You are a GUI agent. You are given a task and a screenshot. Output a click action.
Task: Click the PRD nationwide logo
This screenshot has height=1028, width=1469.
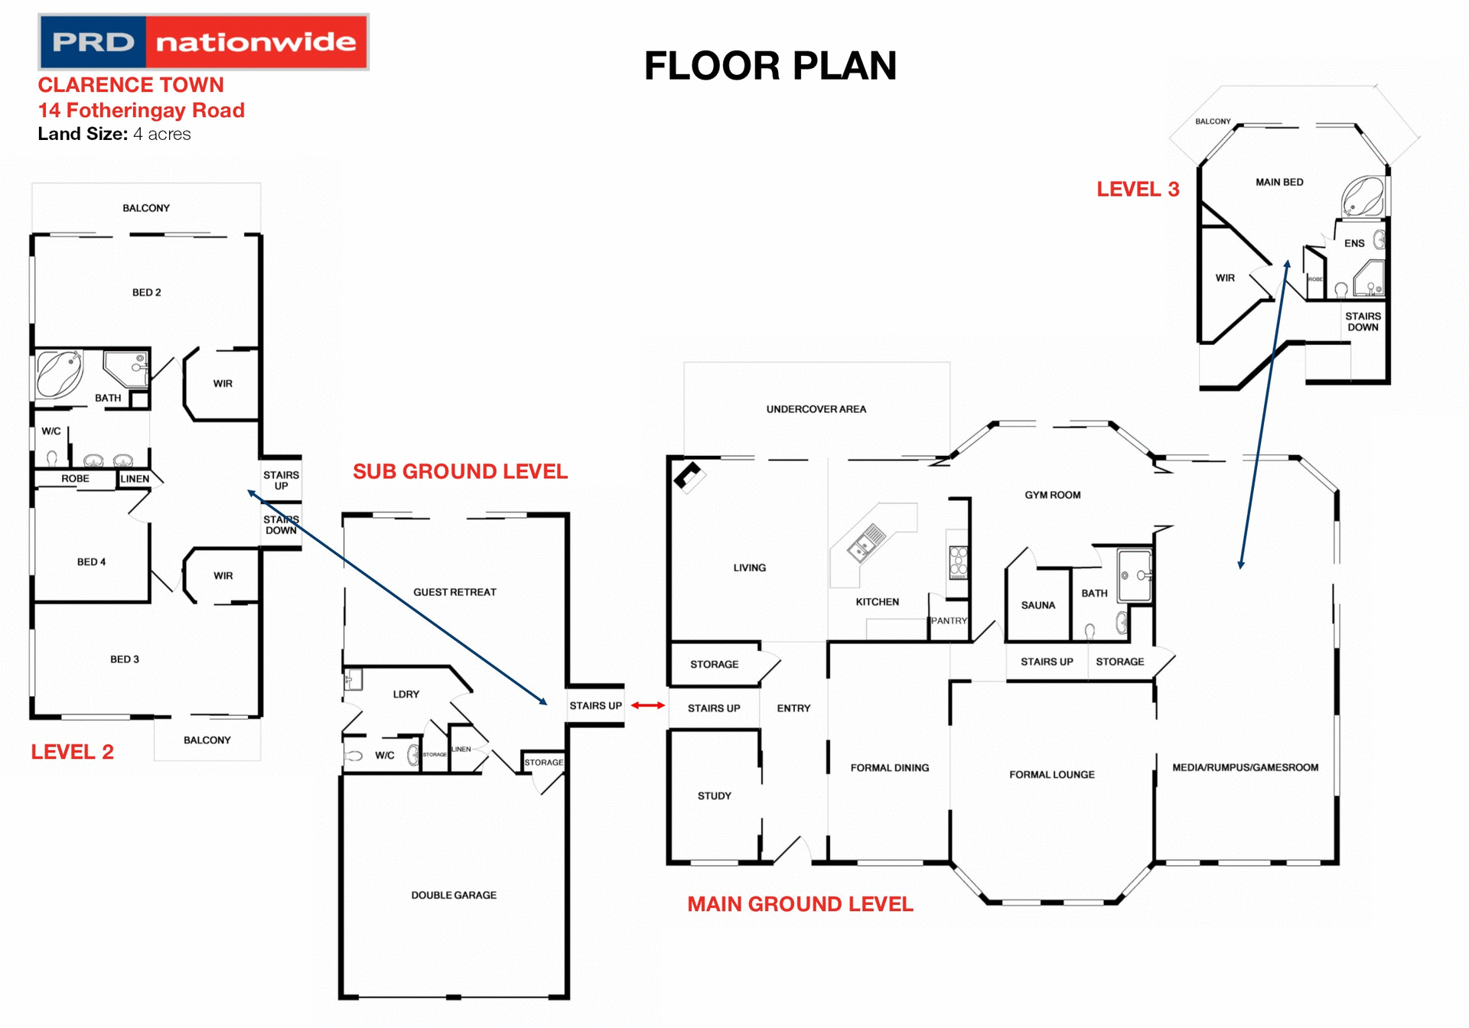click(x=204, y=42)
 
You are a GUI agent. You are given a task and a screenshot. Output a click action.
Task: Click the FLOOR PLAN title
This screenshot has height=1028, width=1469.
click(x=770, y=66)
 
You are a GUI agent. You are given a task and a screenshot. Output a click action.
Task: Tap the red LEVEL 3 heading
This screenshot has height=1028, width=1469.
click(x=1138, y=190)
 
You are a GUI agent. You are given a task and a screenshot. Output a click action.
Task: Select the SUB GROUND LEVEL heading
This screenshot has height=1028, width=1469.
click(x=460, y=471)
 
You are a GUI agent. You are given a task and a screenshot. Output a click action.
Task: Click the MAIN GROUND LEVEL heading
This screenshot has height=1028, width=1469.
click(x=800, y=904)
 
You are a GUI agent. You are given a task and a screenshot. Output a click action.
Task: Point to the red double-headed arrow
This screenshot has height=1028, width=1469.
click(x=647, y=705)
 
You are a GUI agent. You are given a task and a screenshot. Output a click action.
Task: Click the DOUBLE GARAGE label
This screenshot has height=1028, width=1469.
click(x=454, y=895)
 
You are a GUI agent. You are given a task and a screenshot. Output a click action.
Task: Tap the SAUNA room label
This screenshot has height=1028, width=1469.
click(x=1037, y=605)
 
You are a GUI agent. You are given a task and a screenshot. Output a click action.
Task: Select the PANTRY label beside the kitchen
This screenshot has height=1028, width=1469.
click(x=949, y=620)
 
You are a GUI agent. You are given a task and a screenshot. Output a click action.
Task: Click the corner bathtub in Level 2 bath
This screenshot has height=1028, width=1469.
click(x=59, y=373)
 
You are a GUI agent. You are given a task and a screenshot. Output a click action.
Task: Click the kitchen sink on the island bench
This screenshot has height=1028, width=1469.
click(x=865, y=542)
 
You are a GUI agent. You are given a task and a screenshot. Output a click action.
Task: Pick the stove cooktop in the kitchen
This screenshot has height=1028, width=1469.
click(x=958, y=562)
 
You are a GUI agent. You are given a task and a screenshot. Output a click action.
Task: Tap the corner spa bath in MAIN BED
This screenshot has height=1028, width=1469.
click(x=1363, y=197)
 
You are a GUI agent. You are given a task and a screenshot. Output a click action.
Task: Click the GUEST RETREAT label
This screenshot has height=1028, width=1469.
click(x=454, y=592)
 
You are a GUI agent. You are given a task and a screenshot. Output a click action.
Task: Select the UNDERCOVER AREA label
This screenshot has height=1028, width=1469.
click(x=816, y=409)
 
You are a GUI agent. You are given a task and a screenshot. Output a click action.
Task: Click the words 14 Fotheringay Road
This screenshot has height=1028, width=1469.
click(x=142, y=110)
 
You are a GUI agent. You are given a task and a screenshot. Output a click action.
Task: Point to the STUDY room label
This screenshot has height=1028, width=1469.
click(x=714, y=795)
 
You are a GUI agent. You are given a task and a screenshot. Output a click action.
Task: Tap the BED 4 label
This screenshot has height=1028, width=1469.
click(x=91, y=561)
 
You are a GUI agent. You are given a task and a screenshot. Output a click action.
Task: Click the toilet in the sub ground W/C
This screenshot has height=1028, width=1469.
click(x=353, y=756)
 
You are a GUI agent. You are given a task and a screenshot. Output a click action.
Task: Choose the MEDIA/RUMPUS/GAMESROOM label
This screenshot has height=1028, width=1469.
click(x=1245, y=767)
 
